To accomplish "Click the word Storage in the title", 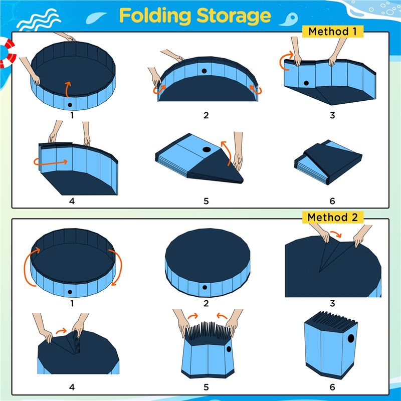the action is (234, 17).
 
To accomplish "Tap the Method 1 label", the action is (332, 32).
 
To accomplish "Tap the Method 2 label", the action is (332, 218).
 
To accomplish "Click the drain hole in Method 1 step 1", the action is (70, 105).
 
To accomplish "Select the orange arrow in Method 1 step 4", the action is (51, 162).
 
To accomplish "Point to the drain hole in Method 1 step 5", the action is (207, 149).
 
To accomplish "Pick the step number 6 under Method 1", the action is (332, 201).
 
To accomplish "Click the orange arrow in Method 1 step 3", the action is (284, 61).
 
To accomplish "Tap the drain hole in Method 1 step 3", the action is (306, 83).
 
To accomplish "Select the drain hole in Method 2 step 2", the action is (205, 287).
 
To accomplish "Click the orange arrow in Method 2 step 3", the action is (335, 234).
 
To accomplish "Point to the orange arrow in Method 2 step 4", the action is (61, 331).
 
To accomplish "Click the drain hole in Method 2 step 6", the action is (351, 338).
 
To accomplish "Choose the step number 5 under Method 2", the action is (206, 387).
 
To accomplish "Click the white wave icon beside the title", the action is (39, 20).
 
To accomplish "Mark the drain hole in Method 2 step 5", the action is (229, 349).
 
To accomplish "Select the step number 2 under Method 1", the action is (206, 115).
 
